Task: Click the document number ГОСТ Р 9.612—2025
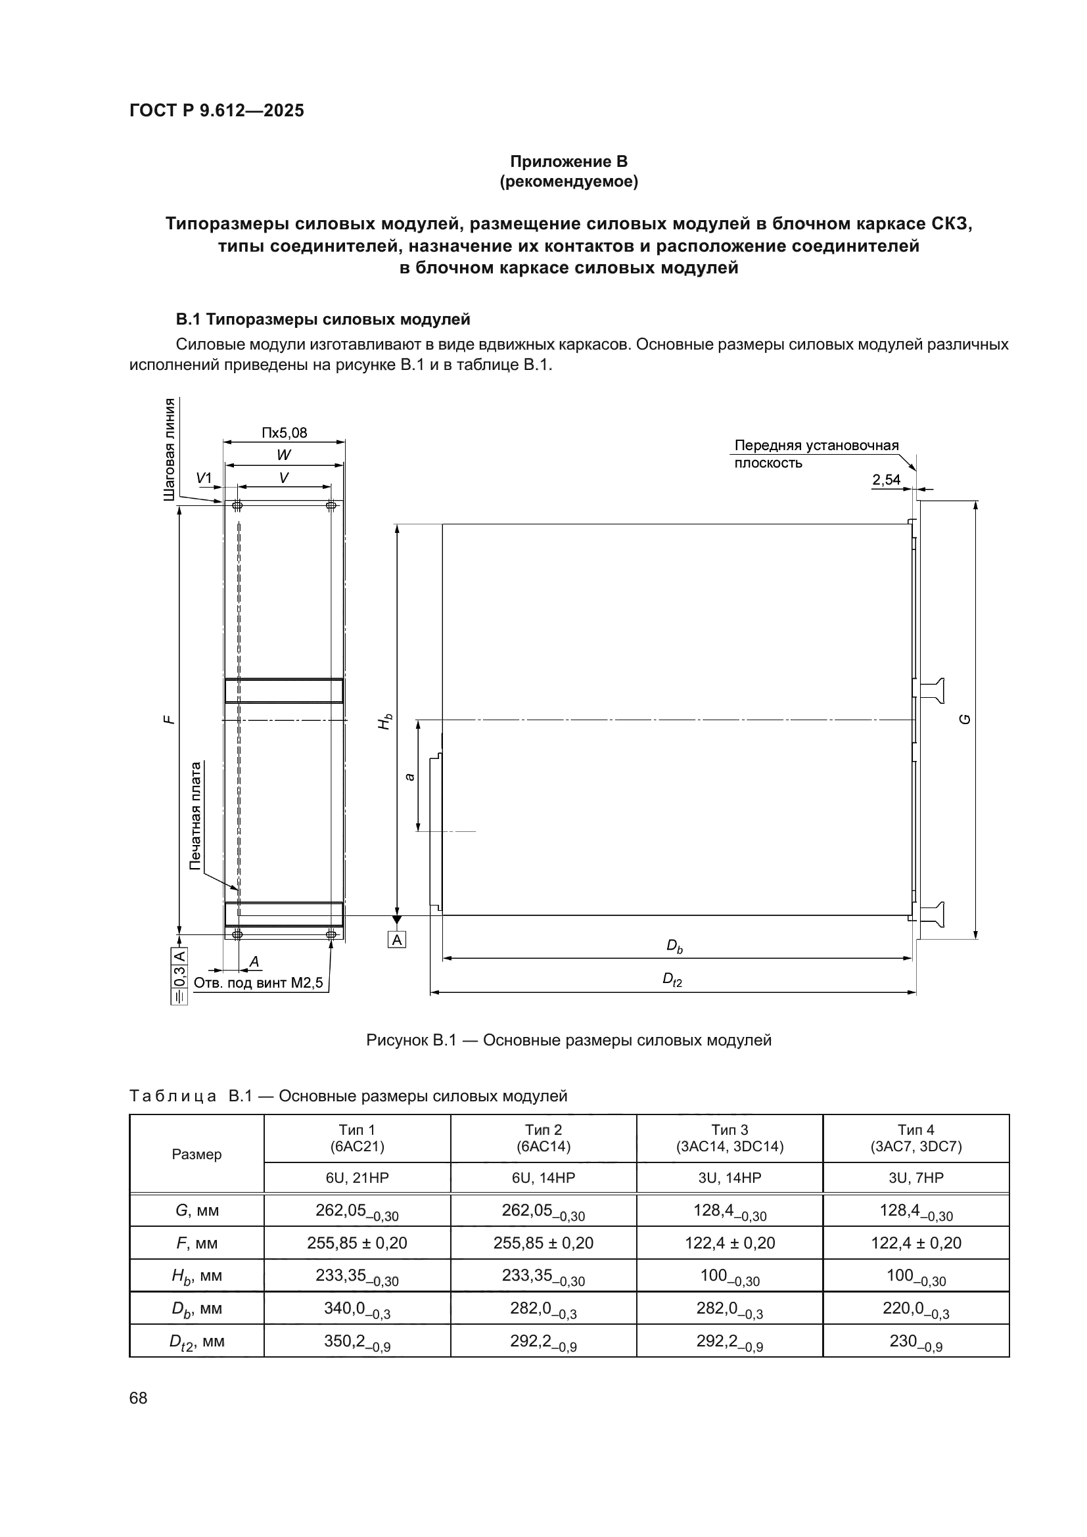pos(216,110)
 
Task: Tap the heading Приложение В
pos(568,162)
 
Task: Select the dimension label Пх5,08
pos(285,432)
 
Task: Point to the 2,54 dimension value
pos(886,479)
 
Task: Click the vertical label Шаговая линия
pos(170,449)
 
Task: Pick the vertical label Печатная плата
pos(195,815)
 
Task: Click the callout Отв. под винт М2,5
pos(258,982)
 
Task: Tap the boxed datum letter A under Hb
pos(397,940)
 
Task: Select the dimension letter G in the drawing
pos(965,719)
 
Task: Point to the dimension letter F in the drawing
pos(170,719)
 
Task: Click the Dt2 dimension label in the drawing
pos(672,980)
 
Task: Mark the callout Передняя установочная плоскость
pos(816,454)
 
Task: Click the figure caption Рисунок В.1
pos(568,1040)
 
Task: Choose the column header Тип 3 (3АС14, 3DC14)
pos(729,1138)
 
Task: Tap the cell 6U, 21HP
pos(357,1178)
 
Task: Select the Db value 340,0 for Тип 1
pos(357,1308)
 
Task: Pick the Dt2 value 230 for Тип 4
pos(915,1341)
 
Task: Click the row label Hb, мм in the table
pos(197,1276)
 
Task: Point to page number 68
pos(139,1398)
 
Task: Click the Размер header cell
pos(197,1154)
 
